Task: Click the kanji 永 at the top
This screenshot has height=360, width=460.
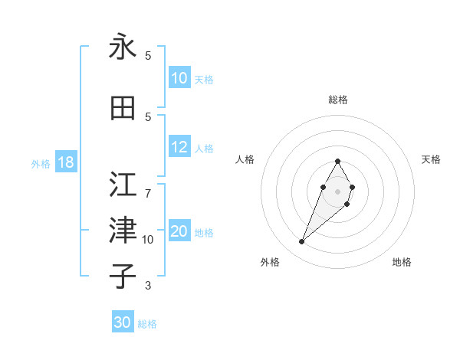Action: click(x=123, y=47)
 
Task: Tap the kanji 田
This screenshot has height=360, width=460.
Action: click(x=123, y=108)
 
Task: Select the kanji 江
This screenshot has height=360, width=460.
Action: click(x=123, y=184)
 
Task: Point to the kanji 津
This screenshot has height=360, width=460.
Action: click(x=123, y=230)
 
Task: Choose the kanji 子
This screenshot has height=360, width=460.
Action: click(x=123, y=276)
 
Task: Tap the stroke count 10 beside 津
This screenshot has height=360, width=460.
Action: click(x=148, y=240)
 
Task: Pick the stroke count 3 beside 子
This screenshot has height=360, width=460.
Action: click(x=148, y=286)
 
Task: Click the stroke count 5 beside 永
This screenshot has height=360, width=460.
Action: click(x=148, y=56)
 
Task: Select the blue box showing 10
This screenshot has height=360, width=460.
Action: click(x=179, y=78)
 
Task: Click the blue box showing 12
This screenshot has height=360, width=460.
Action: click(x=179, y=148)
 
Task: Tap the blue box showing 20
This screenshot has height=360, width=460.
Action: click(x=179, y=232)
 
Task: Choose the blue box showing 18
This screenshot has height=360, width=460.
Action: click(x=65, y=162)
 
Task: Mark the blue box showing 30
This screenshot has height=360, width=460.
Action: click(x=123, y=322)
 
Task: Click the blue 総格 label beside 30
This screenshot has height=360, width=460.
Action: click(x=147, y=324)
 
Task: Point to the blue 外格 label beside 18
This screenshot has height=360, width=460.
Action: click(x=41, y=163)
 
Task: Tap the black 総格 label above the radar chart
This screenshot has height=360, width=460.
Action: click(x=337, y=100)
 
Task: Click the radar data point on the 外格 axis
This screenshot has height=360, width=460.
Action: click(x=301, y=242)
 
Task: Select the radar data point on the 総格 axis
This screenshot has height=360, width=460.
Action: click(x=337, y=161)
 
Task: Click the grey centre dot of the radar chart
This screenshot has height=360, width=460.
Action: click(x=337, y=191)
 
